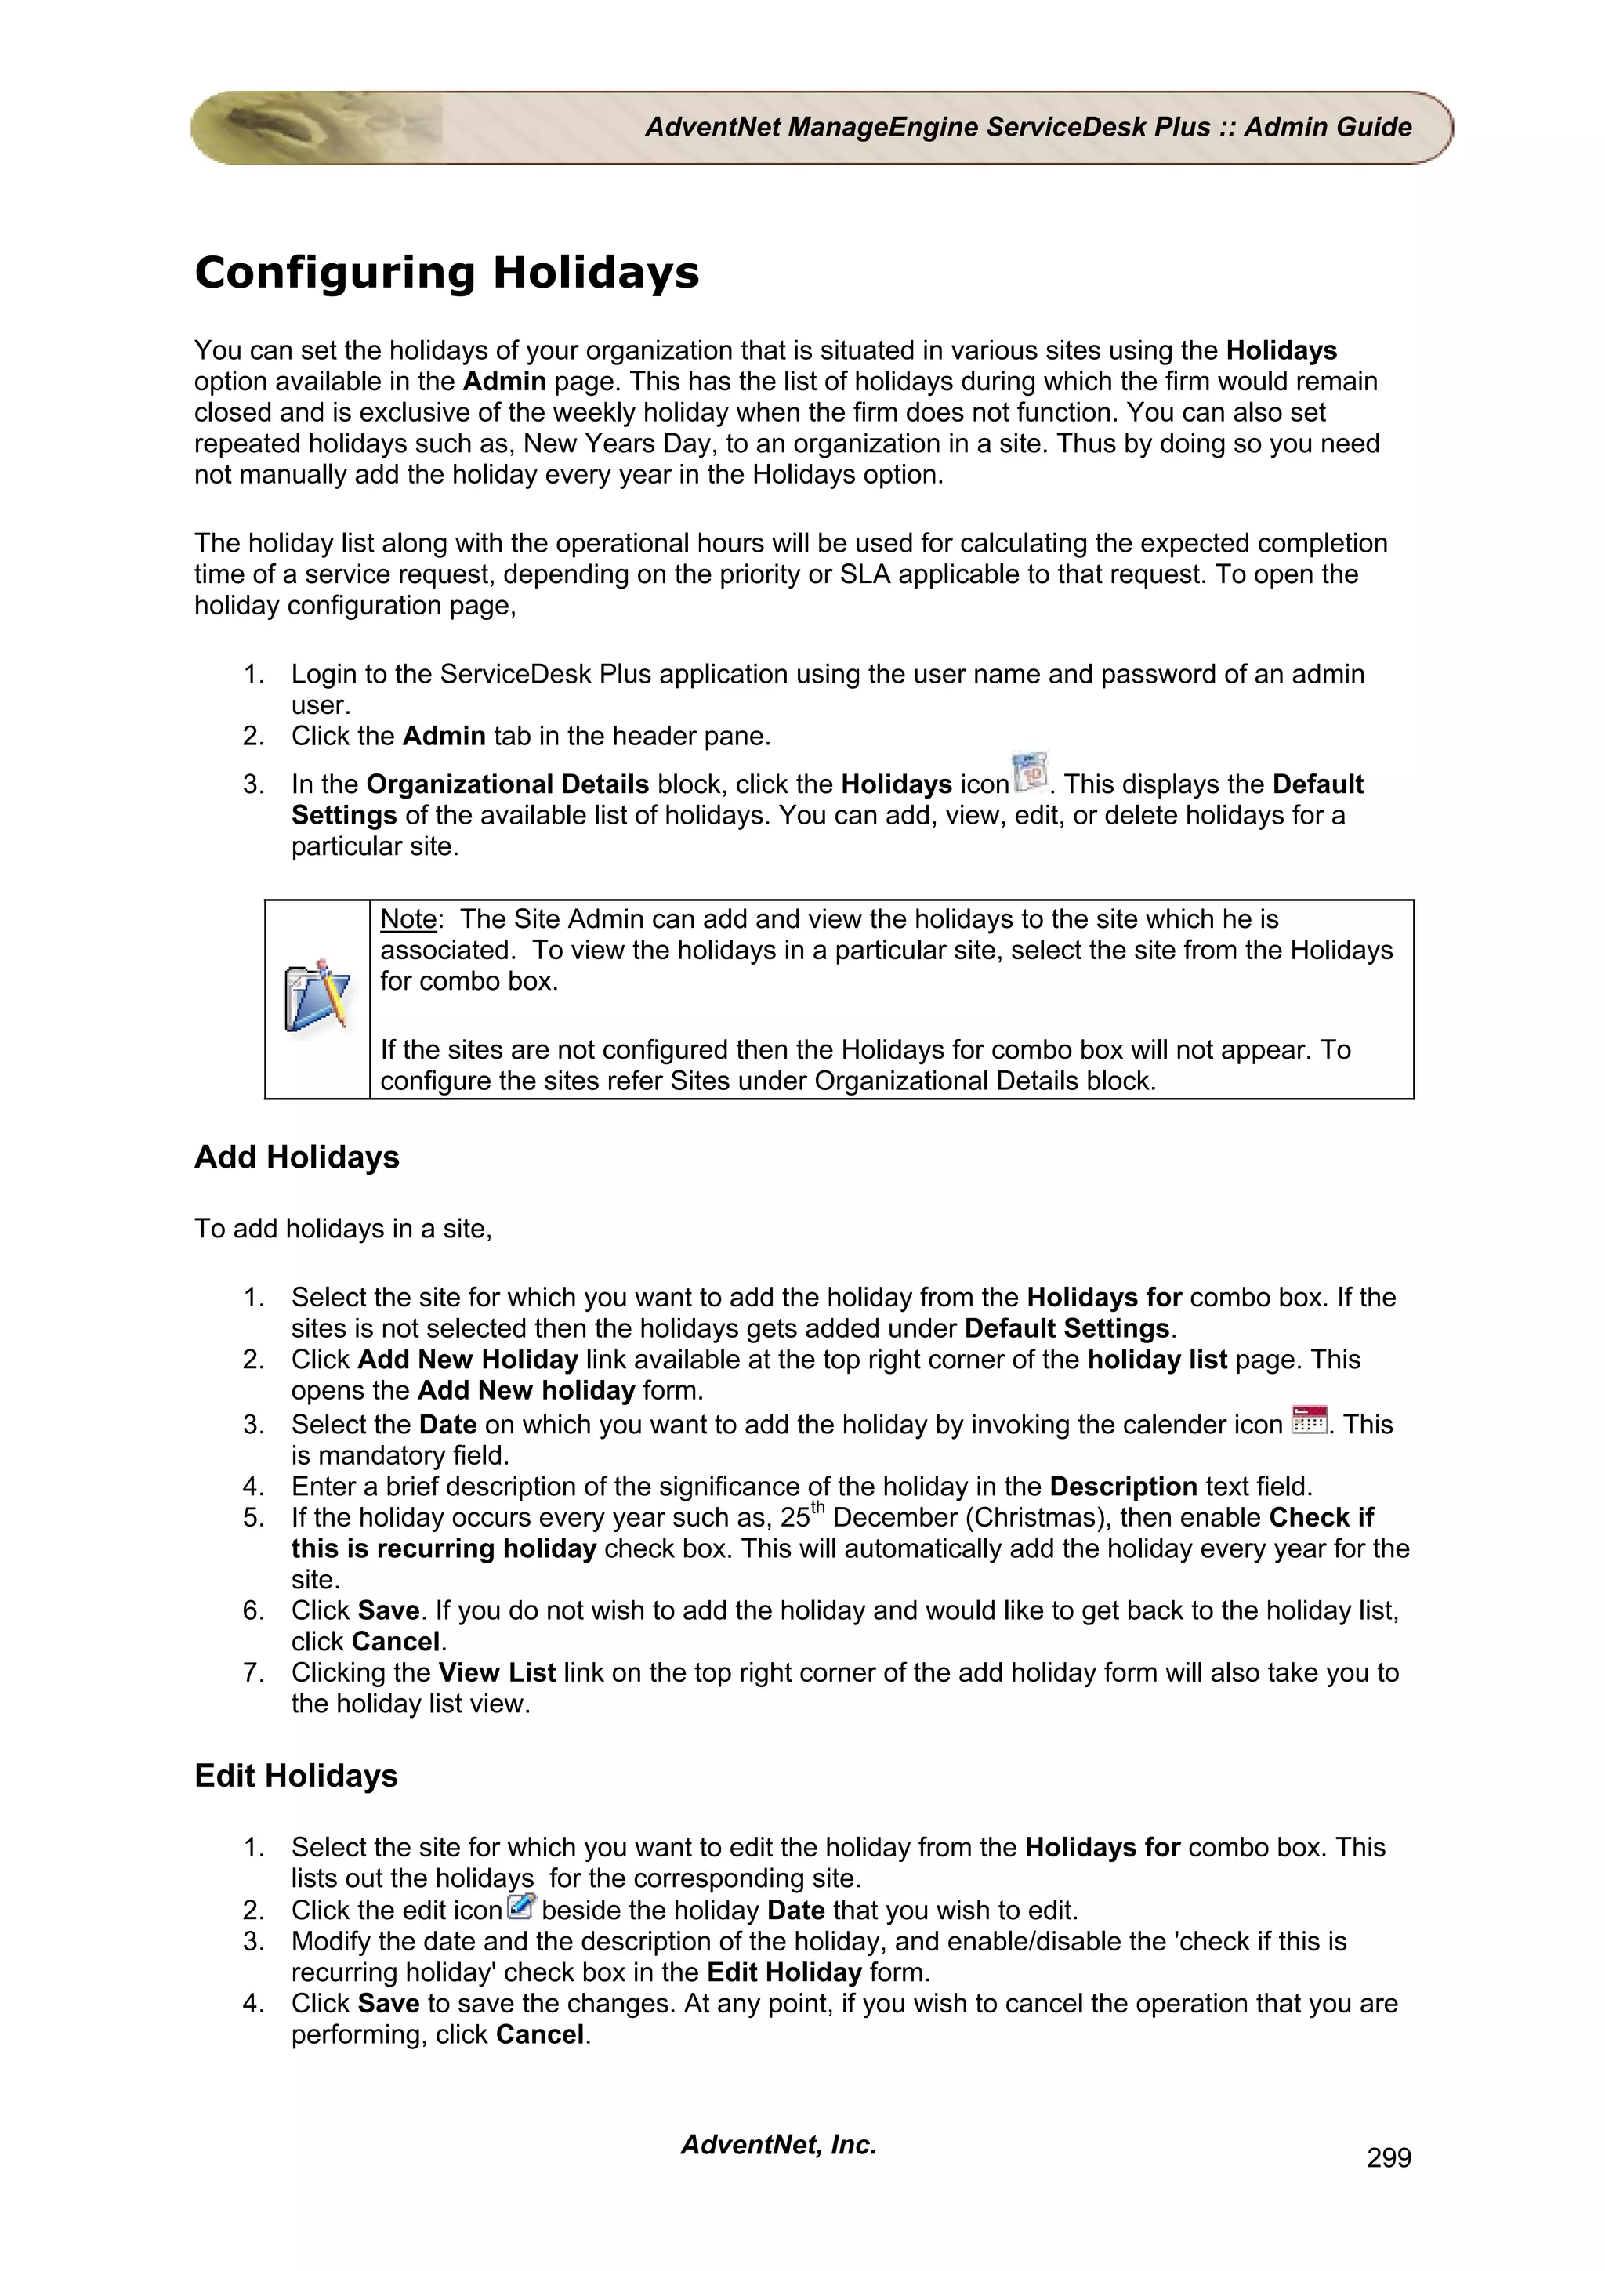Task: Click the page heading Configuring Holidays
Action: click(x=446, y=273)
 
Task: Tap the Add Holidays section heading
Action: click(x=297, y=1157)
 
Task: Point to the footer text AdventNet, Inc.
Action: click(x=778, y=2144)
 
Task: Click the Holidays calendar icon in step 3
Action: click(x=1030, y=773)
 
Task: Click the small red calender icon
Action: click(x=1310, y=1421)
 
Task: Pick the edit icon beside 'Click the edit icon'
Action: click(x=520, y=1906)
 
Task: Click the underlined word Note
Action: click(x=408, y=919)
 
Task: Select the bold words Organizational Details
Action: click(x=507, y=784)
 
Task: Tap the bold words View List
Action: click(x=496, y=1672)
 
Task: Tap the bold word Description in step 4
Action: click(x=1122, y=1487)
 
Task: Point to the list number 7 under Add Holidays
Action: click(x=253, y=1672)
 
